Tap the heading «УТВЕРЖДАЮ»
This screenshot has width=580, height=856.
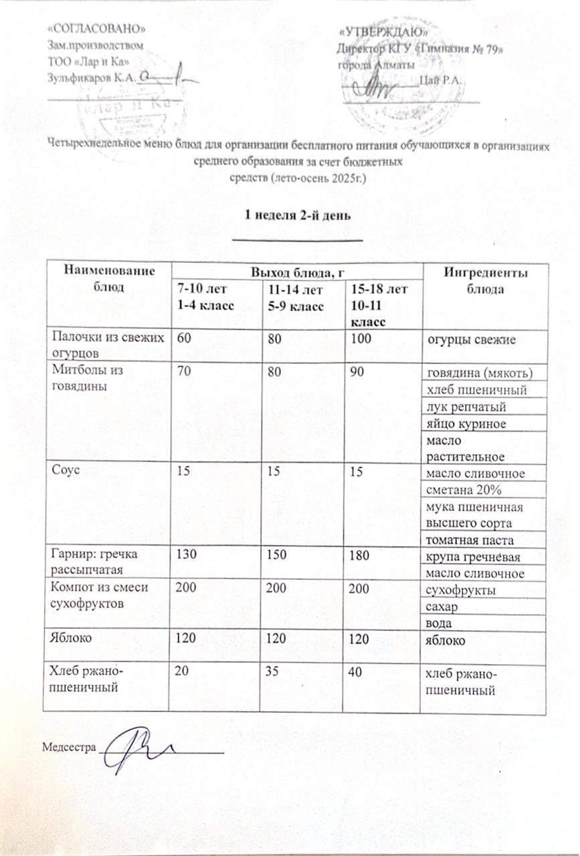[x=383, y=32]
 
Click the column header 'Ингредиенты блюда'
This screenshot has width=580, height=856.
[x=486, y=282]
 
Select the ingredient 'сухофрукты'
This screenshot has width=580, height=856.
[x=457, y=590]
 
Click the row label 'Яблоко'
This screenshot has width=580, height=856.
[x=71, y=639]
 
